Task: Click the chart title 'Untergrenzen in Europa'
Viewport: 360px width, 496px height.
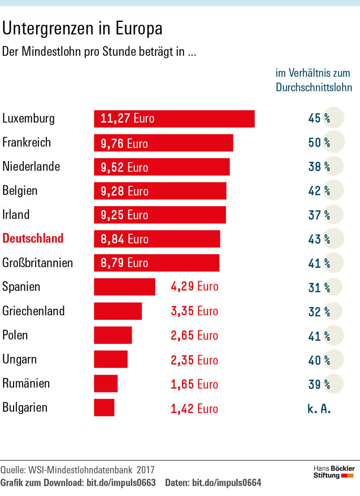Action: tap(82, 29)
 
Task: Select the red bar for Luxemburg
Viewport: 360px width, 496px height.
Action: tap(174, 119)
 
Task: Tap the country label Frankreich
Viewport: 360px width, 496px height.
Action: tap(27, 142)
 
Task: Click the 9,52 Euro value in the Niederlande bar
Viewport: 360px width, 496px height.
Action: tap(124, 167)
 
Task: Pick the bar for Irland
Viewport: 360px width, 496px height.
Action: tap(159, 215)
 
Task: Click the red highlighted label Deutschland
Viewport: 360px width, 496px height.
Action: tap(33, 238)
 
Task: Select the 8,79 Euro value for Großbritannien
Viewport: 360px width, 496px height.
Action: tap(124, 263)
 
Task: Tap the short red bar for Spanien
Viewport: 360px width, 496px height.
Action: tap(124, 287)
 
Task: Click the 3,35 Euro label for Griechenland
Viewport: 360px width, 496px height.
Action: tap(195, 311)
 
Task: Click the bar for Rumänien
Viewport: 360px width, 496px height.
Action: tap(105, 384)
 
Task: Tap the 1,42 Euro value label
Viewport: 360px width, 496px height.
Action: tap(195, 408)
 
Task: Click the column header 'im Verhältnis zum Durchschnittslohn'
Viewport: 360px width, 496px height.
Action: tap(314, 80)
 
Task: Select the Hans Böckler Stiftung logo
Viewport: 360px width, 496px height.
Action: tap(334, 472)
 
